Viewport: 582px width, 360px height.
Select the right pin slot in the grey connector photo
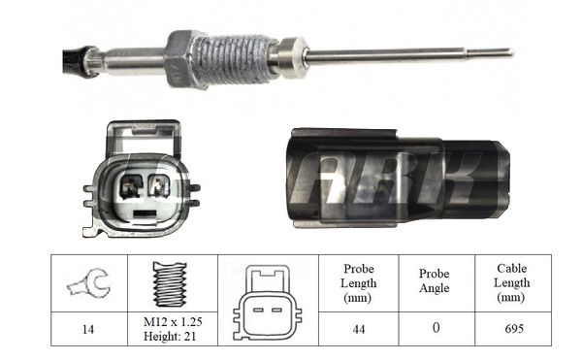[x=159, y=185]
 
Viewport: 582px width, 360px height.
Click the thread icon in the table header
[x=171, y=282]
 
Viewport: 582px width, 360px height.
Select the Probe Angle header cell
[x=434, y=281]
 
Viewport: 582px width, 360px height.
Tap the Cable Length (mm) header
[x=511, y=282]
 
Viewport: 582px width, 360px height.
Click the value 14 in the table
[x=89, y=329]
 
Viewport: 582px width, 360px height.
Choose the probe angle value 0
[x=434, y=329]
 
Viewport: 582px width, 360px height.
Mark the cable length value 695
[x=511, y=329]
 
